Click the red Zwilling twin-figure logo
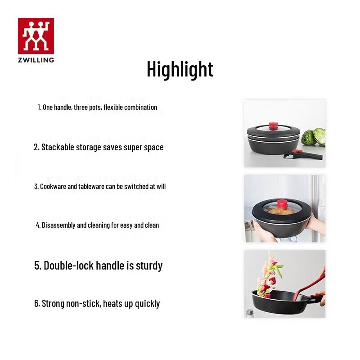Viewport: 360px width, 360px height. point(36,36)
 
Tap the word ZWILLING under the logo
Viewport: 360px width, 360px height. point(36,59)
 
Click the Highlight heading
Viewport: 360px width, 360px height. point(180,69)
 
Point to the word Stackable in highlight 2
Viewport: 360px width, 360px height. point(58,147)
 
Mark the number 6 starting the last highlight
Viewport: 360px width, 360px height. point(36,304)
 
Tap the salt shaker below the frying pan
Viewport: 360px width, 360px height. point(250,312)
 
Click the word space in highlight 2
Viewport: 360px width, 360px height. point(154,147)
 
